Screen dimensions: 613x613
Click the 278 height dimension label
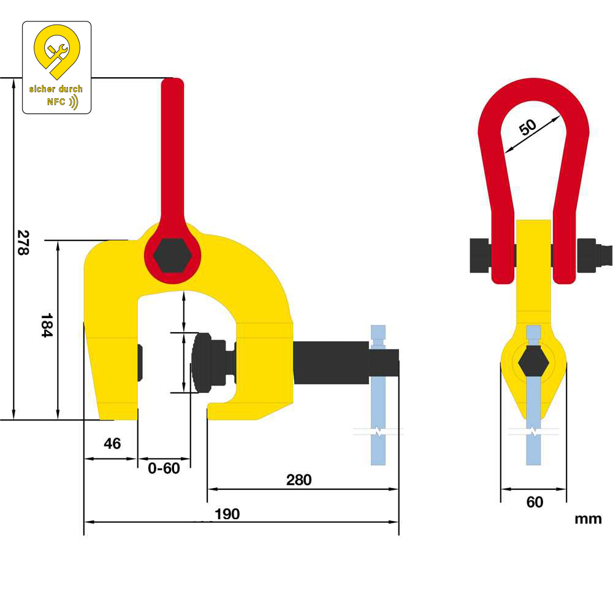tap(23, 242)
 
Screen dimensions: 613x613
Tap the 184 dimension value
tap(47, 326)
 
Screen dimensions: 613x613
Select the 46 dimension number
tap(112, 443)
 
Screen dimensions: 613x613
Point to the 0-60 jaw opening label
tap(164, 468)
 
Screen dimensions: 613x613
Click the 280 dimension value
tap(299, 480)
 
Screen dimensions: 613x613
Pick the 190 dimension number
tap(227, 514)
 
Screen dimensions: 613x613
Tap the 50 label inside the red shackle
tap(527, 127)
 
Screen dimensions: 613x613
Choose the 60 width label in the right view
tap(535, 502)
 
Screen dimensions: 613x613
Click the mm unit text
tap(588, 519)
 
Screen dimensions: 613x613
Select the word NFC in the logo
tap(56, 102)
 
